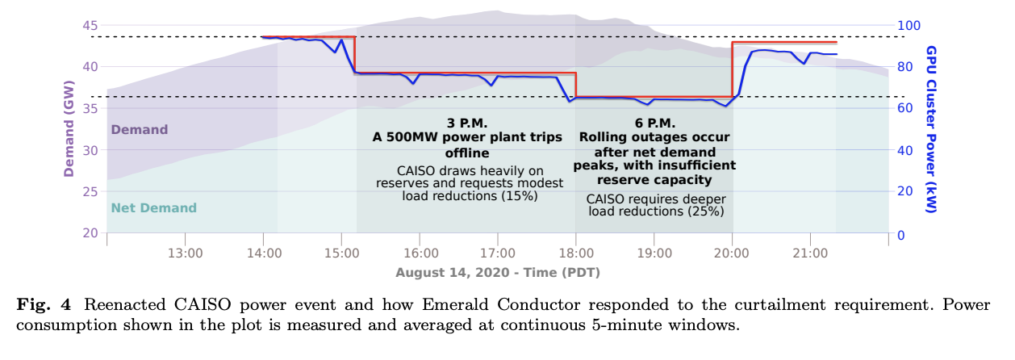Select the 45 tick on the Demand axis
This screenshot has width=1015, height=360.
click(90, 25)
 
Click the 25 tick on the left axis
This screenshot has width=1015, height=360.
click(90, 192)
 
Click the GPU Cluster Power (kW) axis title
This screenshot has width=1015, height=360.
click(930, 129)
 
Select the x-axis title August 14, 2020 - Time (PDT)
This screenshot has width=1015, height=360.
click(497, 272)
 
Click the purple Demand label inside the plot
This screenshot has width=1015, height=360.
click(139, 130)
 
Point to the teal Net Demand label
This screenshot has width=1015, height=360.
click(153, 208)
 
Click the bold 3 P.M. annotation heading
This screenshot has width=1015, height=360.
click(467, 123)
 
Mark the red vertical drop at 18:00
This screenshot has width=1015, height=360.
click(576, 85)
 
